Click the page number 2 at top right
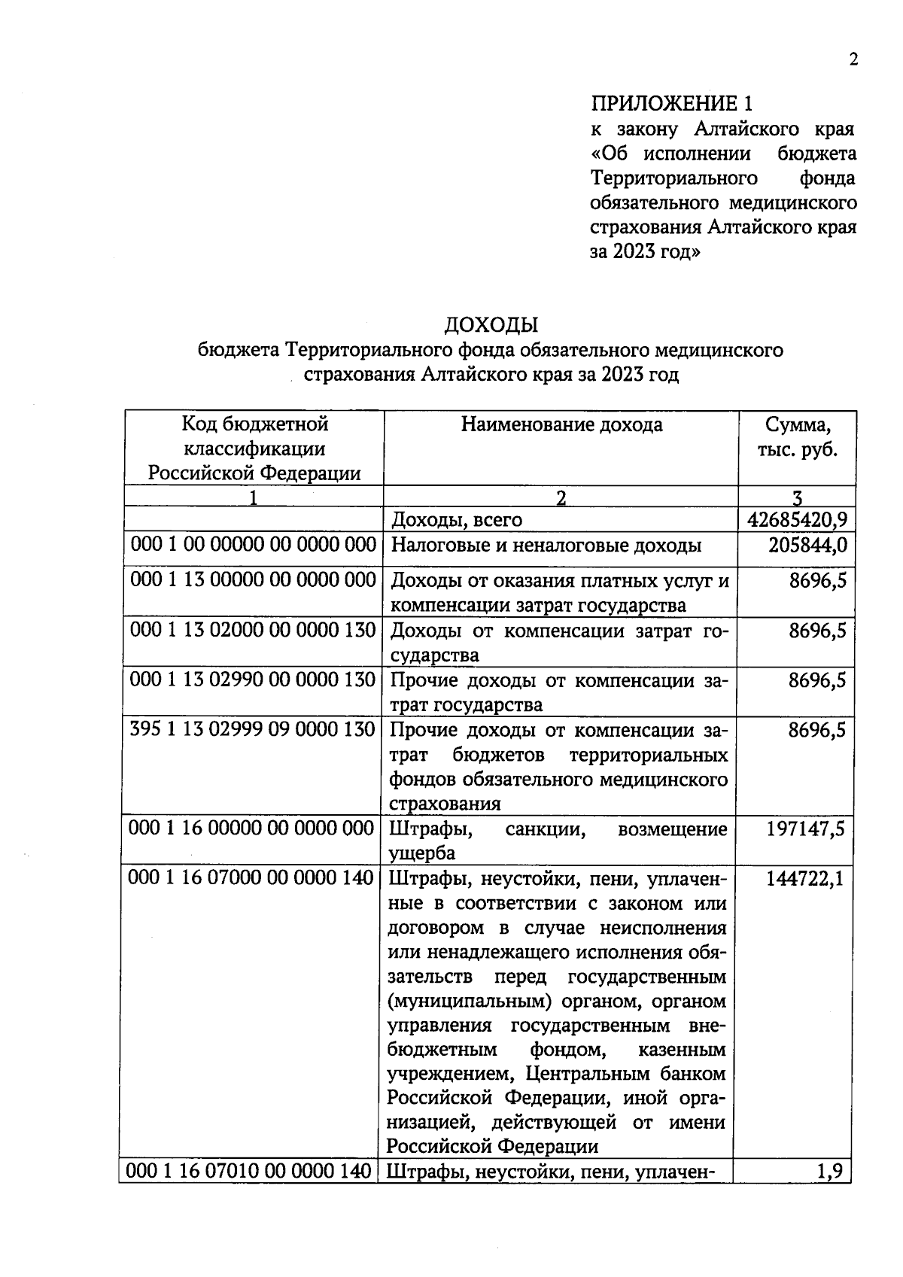coord(853,61)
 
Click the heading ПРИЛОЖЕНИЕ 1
coord(671,103)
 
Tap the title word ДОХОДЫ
coord(491,325)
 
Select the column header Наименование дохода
coord(561,425)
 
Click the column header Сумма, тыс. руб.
coord(798,437)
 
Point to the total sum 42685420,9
coord(797,520)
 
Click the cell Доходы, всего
coord(457,520)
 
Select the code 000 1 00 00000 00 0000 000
coord(253,545)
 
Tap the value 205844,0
coord(807,546)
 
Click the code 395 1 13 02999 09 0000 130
coord(253,730)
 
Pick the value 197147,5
coord(805,829)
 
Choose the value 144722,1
coord(804,878)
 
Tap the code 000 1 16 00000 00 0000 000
coord(251,829)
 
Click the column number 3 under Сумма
coord(798,497)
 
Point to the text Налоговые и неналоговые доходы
coord(546,546)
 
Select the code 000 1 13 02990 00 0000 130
coord(253,680)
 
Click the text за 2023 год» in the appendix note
coord(645,252)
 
